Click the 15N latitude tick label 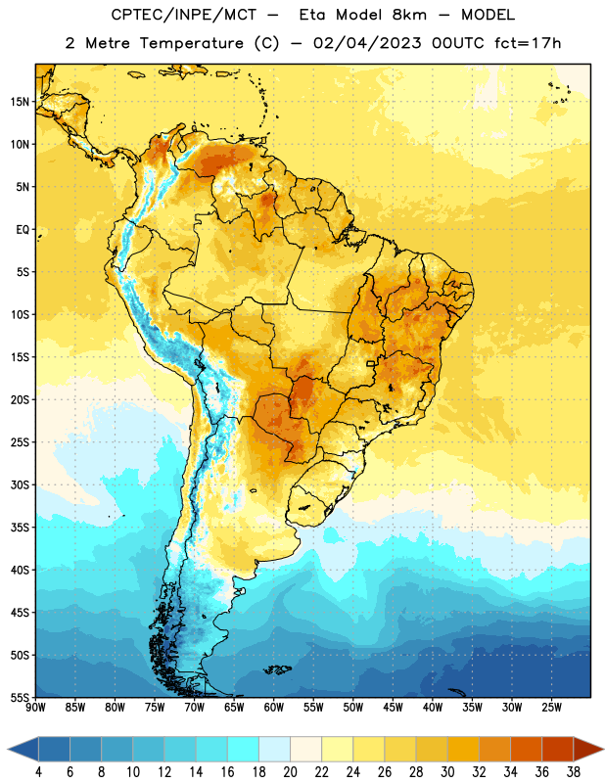(x=20, y=102)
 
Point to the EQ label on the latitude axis (x=23, y=230)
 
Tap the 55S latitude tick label (x=20, y=697)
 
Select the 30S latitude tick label (x=20, y=484)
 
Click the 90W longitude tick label (x=35, y=708)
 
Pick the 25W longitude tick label (x=551, y=708)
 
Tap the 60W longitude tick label (x=274, y=708)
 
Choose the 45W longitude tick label (x=393, y=708)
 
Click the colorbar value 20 (x=290, y=772)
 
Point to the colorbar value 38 (x=574, y=772)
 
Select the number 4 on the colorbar (x=38, y=772)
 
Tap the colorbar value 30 (x=447, y=772)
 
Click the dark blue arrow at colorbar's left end (x=23, y=750)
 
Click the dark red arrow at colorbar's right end (x=588, y=750)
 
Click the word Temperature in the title (x=191, y=43)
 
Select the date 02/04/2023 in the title (x=367, y=43)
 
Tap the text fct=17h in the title (x=528, y=43)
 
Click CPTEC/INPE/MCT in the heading (x=183, y=15)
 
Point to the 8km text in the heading (x=409, y=15)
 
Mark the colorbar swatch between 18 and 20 (x=275, y=750)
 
